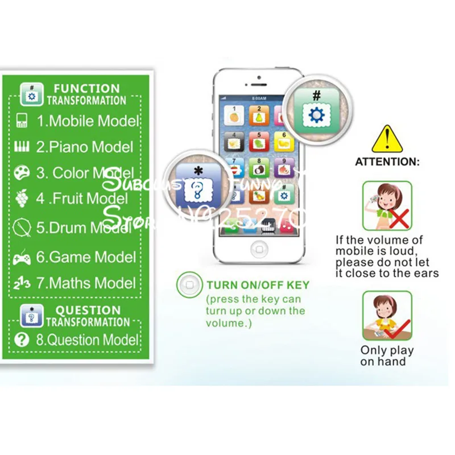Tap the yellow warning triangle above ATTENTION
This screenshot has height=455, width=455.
coord(387,140)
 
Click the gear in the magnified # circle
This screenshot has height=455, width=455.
coord(315,115)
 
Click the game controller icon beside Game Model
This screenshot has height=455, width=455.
coord(22,258)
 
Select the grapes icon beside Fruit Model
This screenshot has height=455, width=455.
coord(22,198)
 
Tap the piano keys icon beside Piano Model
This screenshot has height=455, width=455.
coord(22,147)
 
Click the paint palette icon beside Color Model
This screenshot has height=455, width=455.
coord(22,172)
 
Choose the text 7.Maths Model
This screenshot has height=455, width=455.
coord(86,283)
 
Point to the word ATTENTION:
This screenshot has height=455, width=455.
coord(387,162)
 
